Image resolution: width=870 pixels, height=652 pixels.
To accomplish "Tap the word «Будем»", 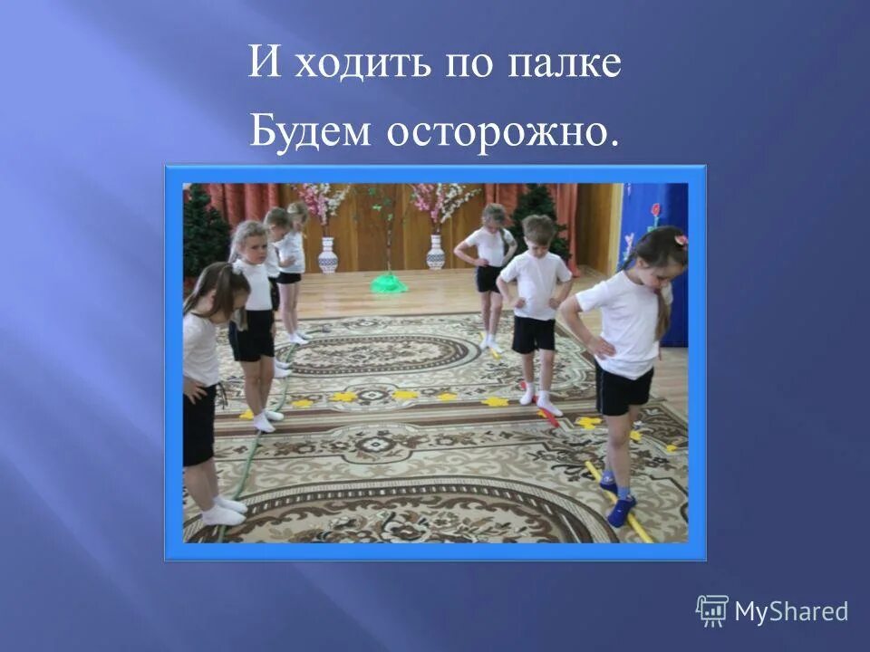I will pos(310,132).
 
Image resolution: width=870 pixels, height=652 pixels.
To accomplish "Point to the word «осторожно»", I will pos(497,132).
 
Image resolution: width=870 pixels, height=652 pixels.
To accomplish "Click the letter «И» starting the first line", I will pos(261,65).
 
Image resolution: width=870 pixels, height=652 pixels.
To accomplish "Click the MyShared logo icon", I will pos(711,610).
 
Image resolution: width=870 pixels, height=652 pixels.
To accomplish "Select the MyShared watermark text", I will pos(790,611).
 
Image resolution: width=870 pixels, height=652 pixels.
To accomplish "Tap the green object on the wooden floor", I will pos(388,283).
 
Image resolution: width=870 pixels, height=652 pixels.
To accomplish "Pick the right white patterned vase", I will pos(436,252).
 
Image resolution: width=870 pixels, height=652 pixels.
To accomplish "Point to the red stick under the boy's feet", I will pos(546,417).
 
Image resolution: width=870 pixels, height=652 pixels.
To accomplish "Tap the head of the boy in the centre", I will pos(537,233).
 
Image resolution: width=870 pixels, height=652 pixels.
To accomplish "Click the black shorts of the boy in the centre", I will pos(533,333).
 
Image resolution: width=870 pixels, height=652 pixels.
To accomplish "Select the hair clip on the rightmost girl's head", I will pos(681,241).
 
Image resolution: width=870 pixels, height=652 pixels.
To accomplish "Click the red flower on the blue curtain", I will pos(654,211).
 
